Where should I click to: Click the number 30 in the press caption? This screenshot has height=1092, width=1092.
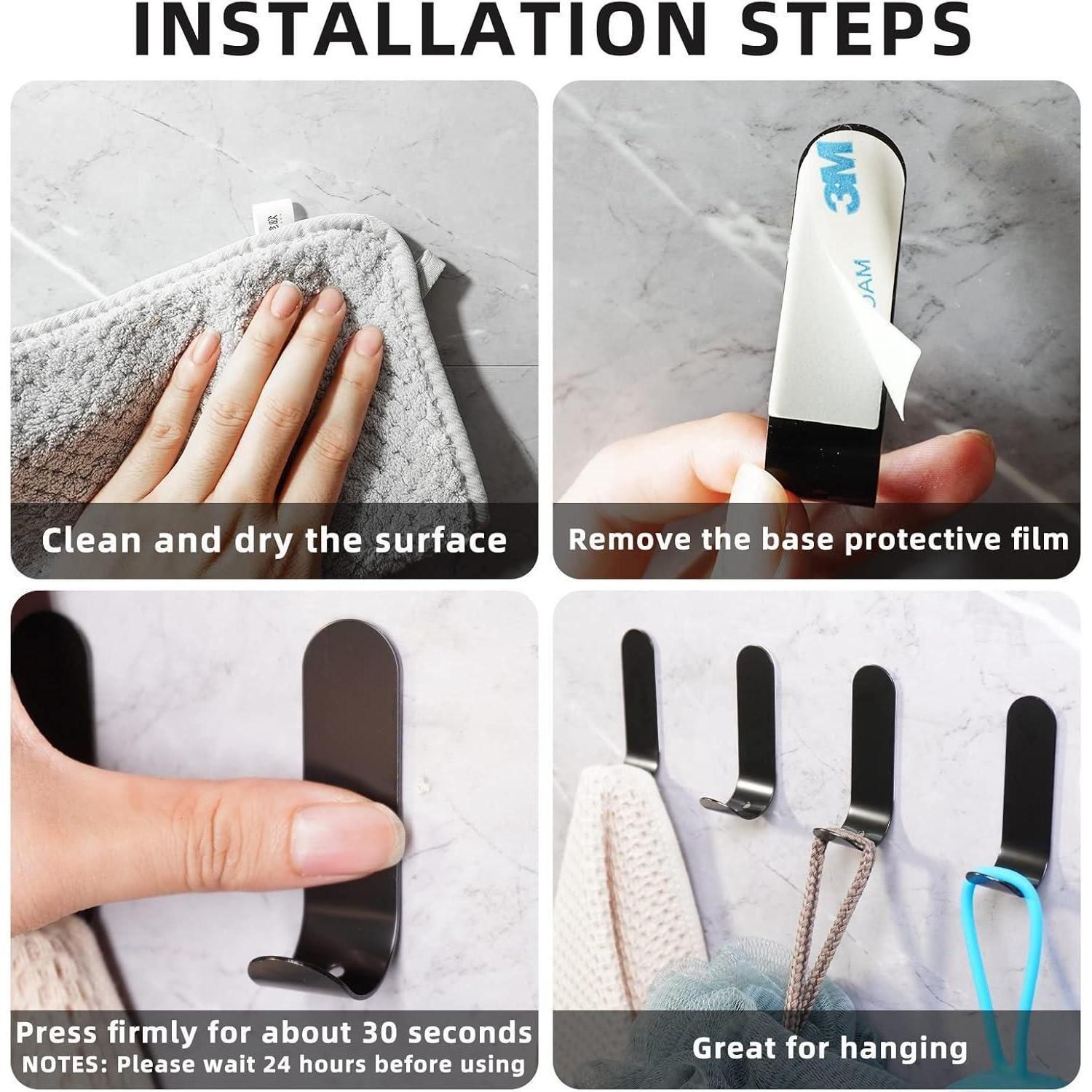pyautogui.click(x=384, y=1033)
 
